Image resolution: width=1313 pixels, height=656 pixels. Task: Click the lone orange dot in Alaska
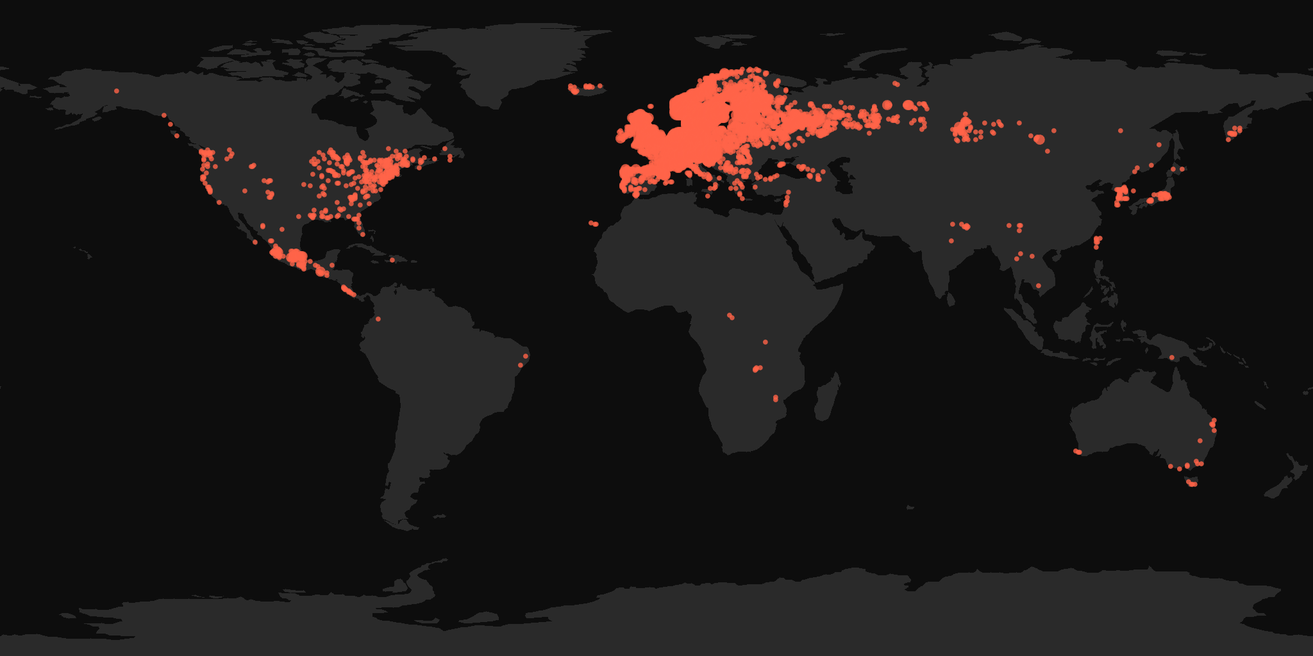[117, 91]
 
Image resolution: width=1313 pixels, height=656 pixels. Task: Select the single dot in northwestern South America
[378, 319]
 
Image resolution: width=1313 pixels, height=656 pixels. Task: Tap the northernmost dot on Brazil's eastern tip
[526, 356]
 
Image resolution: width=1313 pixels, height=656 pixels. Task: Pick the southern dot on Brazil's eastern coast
[521, 365]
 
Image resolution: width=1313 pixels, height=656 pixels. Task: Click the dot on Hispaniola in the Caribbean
[392, 260]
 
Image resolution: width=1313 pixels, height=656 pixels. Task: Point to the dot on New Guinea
[1171, 357]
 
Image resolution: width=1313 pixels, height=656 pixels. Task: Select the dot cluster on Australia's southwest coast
[1078, 452]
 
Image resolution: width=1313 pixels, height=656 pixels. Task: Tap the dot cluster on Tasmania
[1192, 483]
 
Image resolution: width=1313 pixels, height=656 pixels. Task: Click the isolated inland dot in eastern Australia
[1200, 441]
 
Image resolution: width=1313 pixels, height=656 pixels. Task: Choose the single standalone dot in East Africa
[765, 342]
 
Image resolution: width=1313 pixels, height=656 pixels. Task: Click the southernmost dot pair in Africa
[776, 398]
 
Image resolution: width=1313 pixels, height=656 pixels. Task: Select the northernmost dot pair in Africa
[731, 316]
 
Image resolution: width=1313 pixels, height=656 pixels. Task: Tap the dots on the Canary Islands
[594, 224]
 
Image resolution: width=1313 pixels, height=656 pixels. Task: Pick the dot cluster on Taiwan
[1097, 242]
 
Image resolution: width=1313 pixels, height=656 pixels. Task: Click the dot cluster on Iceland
[585, 87]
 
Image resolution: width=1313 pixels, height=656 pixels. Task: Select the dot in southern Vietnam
[1039, 286]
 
